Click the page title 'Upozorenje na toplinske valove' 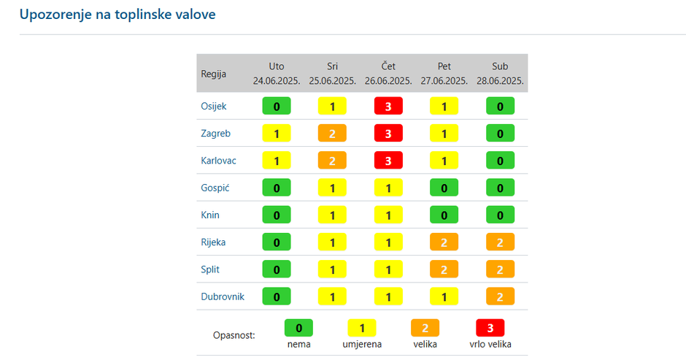tap(117, 14)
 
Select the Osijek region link tap(214, 106)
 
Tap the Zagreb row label tap(215, 134)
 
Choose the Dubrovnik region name tap(223, 297)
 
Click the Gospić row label tap(215, 188)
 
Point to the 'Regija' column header tap(214, 74)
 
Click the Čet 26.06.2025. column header tap(388, 73)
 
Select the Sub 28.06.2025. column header tap(500, 73)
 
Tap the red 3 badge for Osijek tap(388, 106)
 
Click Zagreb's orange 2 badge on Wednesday tap(332, 134)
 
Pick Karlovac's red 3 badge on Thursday tap(388, 161)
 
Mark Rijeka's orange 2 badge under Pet tap(444, 242)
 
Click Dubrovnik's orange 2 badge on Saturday tap(500, 297)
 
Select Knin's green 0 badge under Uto tap(277, 215)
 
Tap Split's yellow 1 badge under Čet tap(388, 269)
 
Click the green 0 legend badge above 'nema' tap(298, 328)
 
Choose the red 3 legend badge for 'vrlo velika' tap(490, 328)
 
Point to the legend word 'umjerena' tap(361, 344)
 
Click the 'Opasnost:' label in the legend tap(234, 335)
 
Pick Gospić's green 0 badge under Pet tap(444, 188)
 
